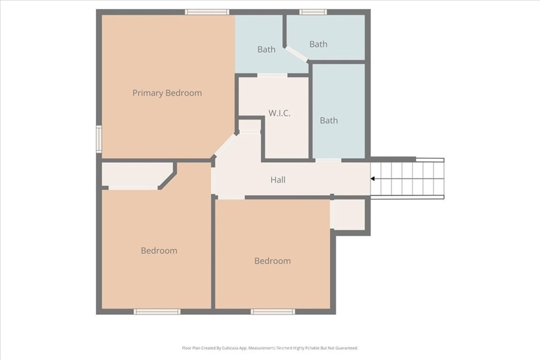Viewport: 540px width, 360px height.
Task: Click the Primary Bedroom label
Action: (x=167, y=93)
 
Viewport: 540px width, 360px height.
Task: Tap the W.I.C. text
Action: (x=279, y=113)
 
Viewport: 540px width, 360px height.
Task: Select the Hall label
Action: (x=277, y=180)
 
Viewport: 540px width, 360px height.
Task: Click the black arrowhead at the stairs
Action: (x=373, y=179)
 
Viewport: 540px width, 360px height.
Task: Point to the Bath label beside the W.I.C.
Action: (x=329, y=121)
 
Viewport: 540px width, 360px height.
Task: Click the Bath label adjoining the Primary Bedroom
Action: (x=266, y=50)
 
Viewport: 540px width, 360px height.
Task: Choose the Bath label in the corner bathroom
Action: (x=318, y=44)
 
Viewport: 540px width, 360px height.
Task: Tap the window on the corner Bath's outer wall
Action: (x=313, y=12)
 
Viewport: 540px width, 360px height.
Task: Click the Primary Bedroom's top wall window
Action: (x=207, y=12)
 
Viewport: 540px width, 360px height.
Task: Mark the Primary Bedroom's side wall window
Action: (x=99, y=139)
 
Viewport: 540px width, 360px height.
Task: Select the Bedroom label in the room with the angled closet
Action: (x=159, y=250)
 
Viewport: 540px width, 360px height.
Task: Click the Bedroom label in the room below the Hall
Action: (x=273, y=261)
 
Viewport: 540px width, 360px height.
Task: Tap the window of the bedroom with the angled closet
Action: (x=157, y=312)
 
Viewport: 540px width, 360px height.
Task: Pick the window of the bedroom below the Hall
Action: (x=273, y=312)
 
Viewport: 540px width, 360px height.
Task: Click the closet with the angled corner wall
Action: (x=137, y=174)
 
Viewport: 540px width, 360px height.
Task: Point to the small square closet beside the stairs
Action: (x=349, y=214)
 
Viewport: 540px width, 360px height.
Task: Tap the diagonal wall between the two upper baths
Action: (x=296, y=54)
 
